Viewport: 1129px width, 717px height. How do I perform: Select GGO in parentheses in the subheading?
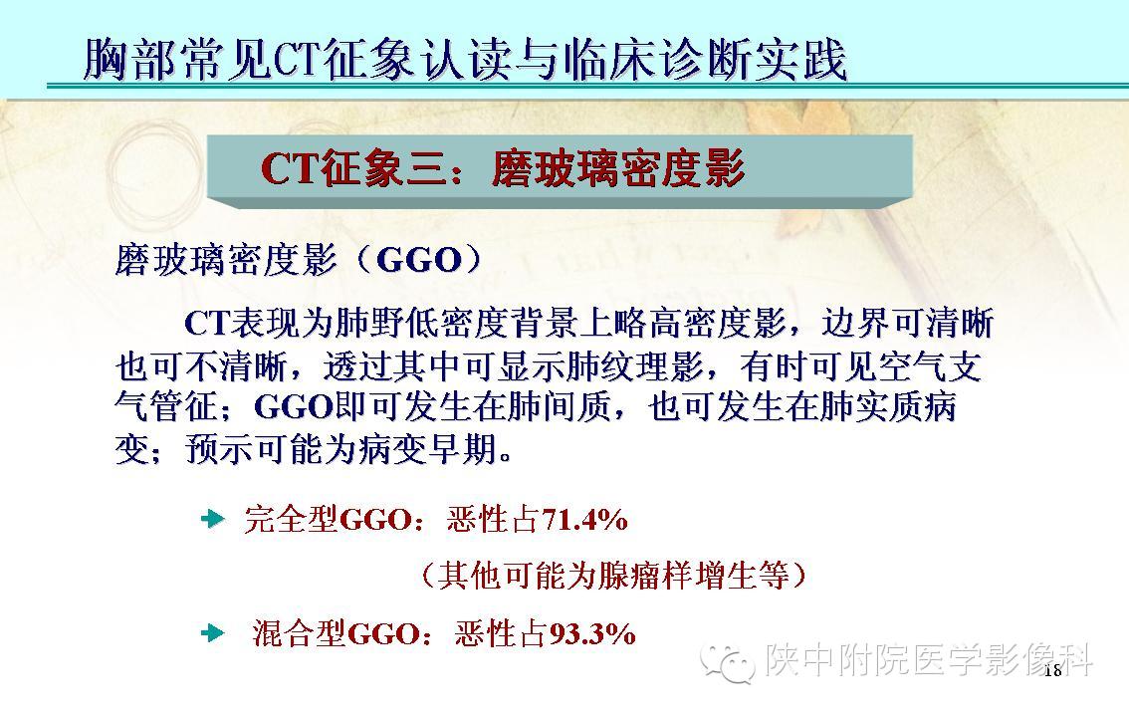click(419, 261)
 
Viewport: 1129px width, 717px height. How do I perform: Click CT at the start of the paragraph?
click(207, 324)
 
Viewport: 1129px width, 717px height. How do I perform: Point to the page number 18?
click(1052, 669)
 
